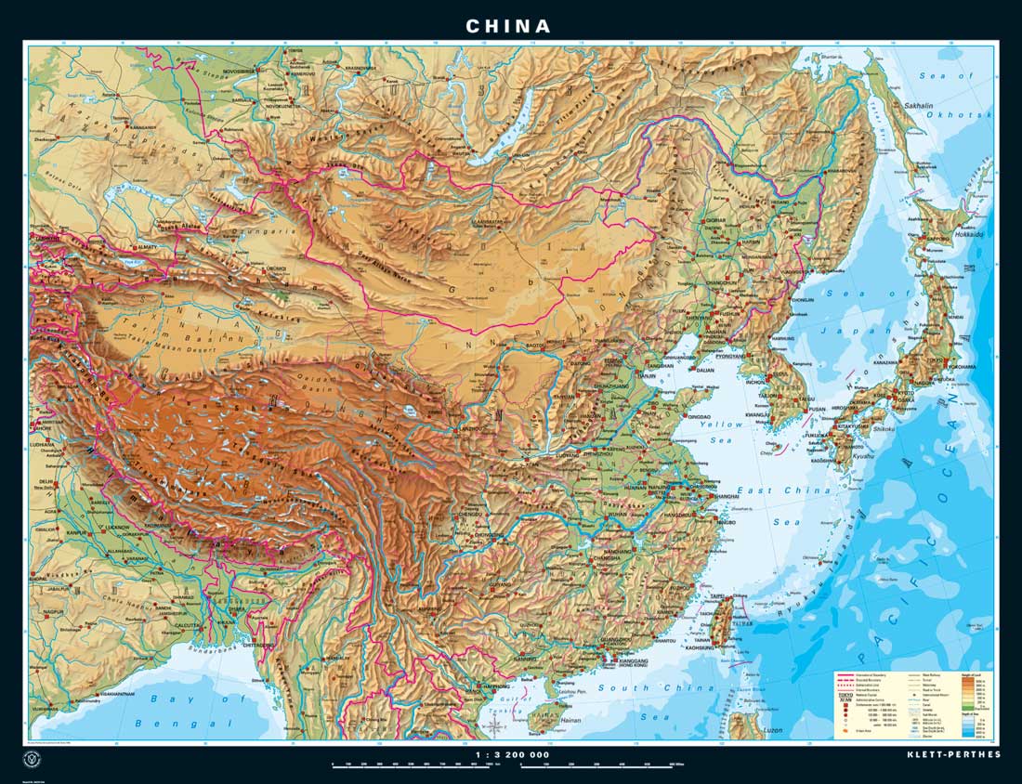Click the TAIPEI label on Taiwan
tap(715, 595)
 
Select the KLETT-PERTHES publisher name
tap(953, 754)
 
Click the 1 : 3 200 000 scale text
tap(510, 754)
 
